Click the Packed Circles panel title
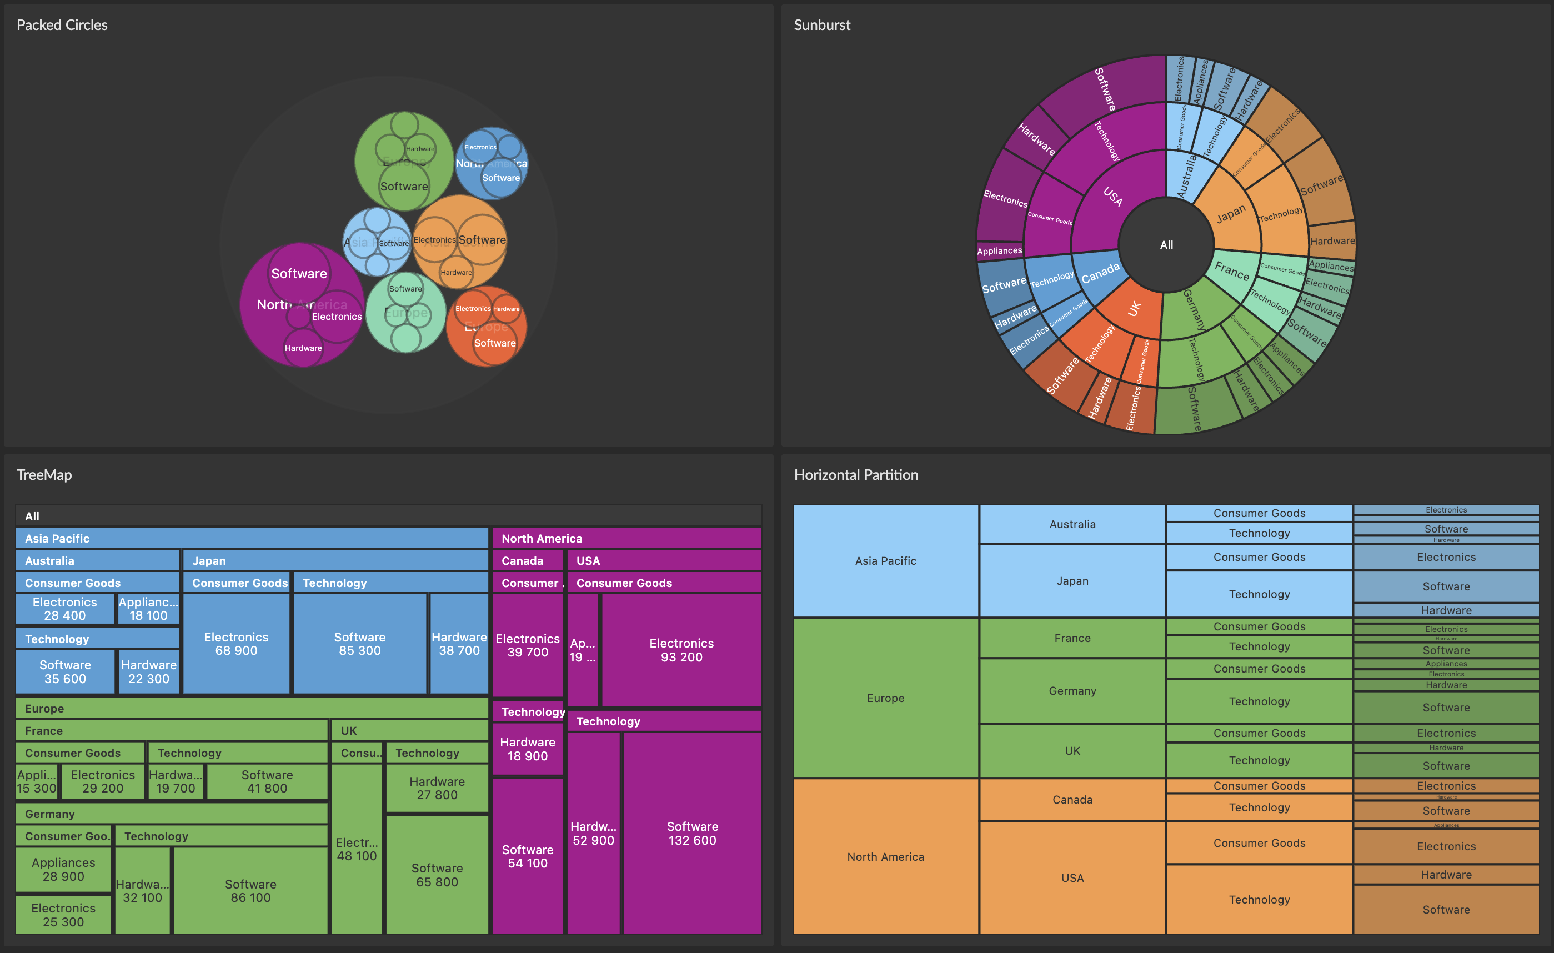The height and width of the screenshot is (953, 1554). [62, 25]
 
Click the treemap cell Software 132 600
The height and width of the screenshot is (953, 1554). [692, 832]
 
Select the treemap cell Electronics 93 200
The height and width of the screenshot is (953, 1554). [681, 650]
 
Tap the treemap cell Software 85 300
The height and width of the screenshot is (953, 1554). [359, 643]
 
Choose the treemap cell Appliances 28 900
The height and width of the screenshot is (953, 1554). [63, 869]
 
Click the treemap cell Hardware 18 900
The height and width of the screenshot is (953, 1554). [527, 749]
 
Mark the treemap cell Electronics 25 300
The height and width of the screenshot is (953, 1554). [63, 914]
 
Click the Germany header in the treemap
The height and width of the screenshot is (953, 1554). [50, 814]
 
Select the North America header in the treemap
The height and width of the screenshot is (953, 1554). [541, 538]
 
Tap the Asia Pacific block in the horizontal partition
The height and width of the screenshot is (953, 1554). [885, 561]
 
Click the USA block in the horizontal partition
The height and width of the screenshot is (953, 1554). [1071, 877]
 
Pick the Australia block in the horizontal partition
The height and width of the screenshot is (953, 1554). [1071, 524]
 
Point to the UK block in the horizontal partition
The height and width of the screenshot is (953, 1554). [1071, 750]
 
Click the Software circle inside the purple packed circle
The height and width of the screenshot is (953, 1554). [299, 273]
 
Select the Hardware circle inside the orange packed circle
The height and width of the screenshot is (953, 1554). [455, 272]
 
